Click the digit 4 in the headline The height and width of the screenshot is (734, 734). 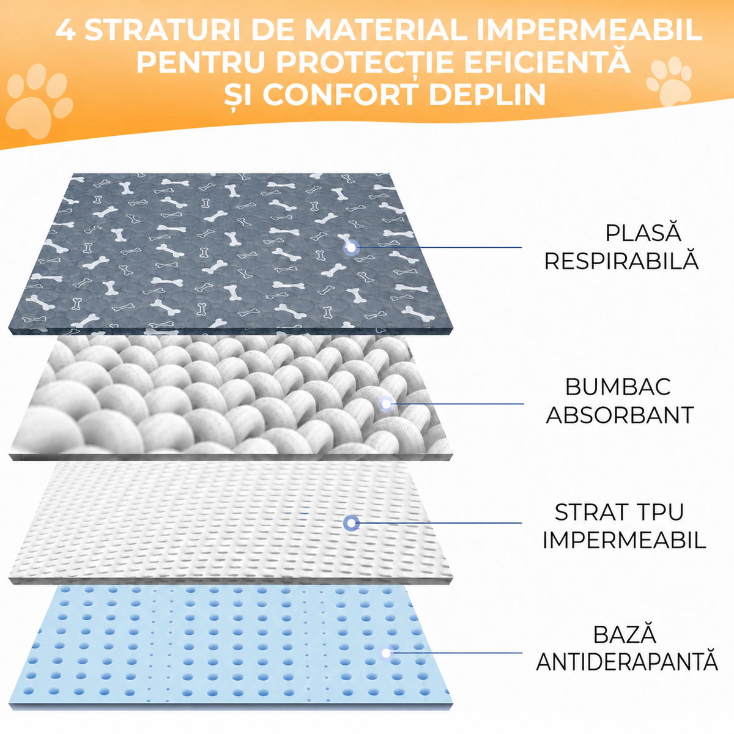[65, 30]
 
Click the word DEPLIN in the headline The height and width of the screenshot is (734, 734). [488, 94]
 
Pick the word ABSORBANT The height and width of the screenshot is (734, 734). [620, 415]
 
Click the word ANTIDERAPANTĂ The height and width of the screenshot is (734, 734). [627, 662]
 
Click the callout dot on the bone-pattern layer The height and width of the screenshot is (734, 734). [351, 248]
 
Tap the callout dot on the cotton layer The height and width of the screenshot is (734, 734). [387, 404]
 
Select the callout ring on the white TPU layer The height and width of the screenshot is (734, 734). [351, 523]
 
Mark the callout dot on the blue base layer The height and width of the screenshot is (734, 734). [386, 653]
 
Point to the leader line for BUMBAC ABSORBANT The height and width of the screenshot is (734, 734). [457, 404]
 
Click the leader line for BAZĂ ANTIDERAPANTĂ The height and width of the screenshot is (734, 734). [456, 653]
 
